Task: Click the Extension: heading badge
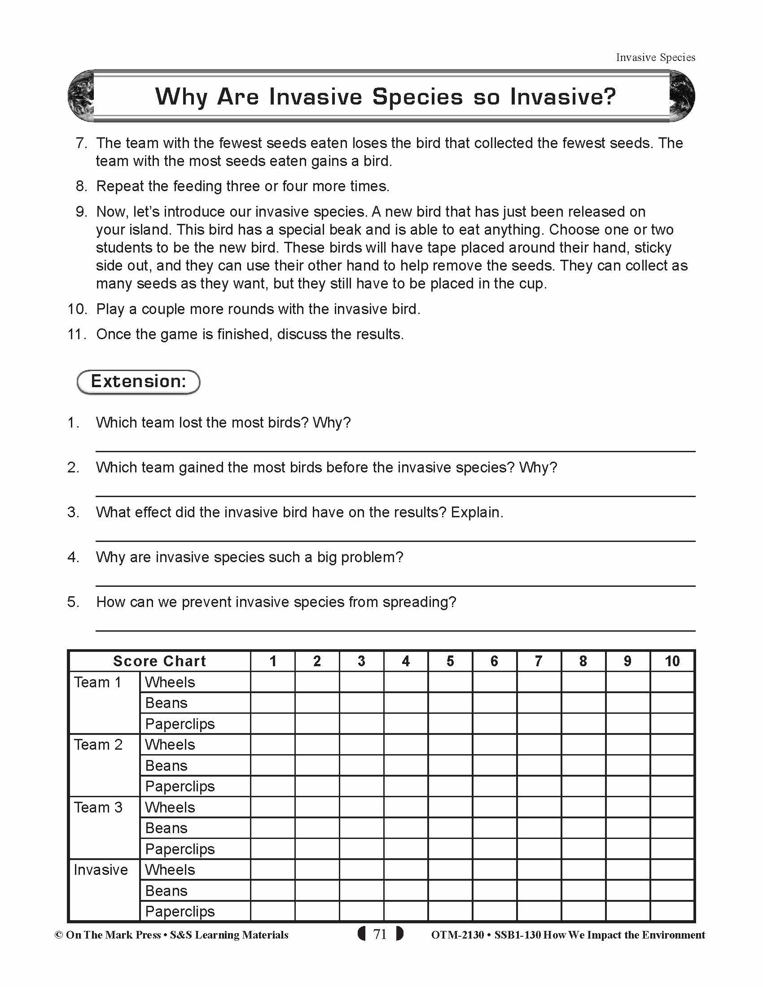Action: tap(138, 381)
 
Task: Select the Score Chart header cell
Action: tap(159, 661)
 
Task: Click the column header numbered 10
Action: tap(672, 661)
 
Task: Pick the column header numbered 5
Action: tap(450, 661)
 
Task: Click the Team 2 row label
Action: tap(98, 744)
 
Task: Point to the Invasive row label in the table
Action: tap(101, 869)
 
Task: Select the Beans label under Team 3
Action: tap(166, 828)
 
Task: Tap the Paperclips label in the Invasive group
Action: tap(180, 911)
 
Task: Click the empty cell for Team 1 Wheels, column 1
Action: tap(272, 682)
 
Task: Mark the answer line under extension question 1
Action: tap(395, 450)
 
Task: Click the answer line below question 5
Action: tap(395, 630)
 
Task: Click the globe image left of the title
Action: tap(80, 96)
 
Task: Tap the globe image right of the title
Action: tap(682, 96)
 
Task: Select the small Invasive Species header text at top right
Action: tap(655, 57)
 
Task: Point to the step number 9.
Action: tap(81, 211)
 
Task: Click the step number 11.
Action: tap(76, 334)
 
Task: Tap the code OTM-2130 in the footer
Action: tap(457, 935)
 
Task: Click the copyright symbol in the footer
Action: tap(59, 935)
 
